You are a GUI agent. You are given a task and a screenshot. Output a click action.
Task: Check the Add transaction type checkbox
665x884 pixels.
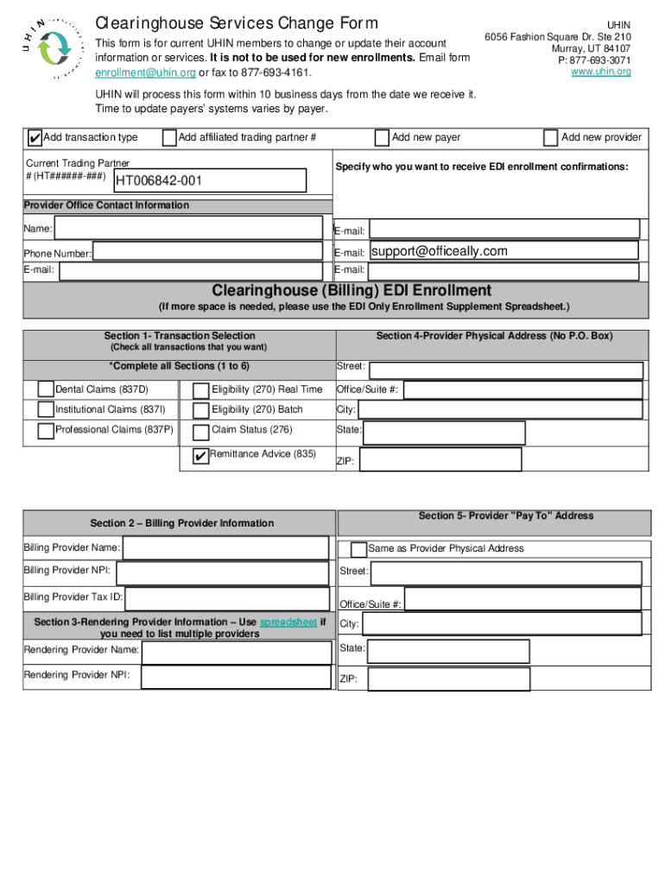(34, 138)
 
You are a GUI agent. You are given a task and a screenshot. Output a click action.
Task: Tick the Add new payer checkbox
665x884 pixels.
(382, 138)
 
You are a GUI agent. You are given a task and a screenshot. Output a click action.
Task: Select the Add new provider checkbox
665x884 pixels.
(550, 138)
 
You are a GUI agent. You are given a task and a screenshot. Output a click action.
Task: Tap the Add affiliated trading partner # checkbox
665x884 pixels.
(169, 138)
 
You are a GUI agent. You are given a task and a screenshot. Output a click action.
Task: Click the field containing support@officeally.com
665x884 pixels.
(503, 251)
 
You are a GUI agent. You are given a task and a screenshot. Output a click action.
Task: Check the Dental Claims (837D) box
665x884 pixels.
(46, 389)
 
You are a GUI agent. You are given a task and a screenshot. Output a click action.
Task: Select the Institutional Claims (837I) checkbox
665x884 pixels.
(46, 410)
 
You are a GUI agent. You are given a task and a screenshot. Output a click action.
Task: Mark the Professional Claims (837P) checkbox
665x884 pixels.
(46, 430)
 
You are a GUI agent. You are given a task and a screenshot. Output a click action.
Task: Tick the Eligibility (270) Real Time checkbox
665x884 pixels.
(200, 390)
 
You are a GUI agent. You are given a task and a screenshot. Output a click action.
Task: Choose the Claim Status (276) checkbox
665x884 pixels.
(200, 431)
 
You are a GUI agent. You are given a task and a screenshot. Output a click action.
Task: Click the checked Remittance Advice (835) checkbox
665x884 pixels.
(200, 456)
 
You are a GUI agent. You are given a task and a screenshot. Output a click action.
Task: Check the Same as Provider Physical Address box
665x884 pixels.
(358, 549)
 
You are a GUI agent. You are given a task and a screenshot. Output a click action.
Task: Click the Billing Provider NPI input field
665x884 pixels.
(222, 572)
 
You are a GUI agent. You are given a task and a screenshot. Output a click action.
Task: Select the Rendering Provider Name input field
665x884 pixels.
(236, 652)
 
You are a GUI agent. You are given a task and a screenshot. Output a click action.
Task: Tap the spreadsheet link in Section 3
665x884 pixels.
(288, 622)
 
